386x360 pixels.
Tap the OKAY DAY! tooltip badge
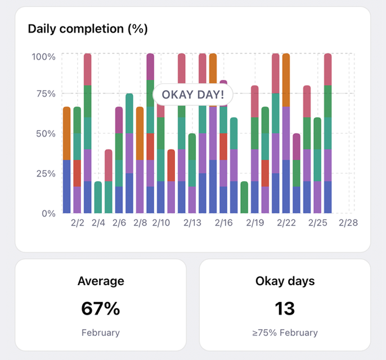pos(193,94)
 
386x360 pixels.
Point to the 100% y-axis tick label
pos(43,57)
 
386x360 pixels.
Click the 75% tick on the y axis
pos(46,94)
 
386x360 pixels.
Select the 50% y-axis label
pos(46,134)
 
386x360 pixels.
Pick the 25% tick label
pos(46,173)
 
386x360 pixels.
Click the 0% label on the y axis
pos(48,213)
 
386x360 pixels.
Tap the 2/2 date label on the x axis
pos(78,223)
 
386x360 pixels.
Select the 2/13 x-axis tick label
pos(192,223)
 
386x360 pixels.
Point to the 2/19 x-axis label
pos(255,223)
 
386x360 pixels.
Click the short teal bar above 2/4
pos(98,197)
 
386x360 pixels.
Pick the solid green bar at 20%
pos(244,197)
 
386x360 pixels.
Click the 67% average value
pos(101,308)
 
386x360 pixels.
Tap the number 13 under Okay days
pos(285,308)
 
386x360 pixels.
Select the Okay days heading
pos(285,281)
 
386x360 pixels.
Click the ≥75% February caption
pos(285,332)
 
